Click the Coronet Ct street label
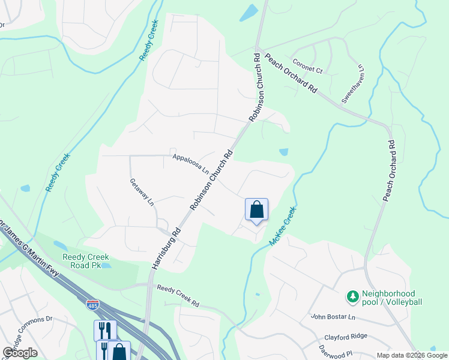pyautogui.click(x=307, y=66)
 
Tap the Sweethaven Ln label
pyautogui.click(x=353, y=84)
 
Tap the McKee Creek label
pyautogui.click(x=283, y=226)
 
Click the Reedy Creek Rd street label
pyautogui.click(x=178, y=296)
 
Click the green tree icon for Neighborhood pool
pyautogui.click(x=352, y=296)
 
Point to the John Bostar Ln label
pyautogui.click(x=333, y=317)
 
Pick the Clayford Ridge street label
pyautogui.click(x=345, y=337)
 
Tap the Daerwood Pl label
pyautogui.click(x=334, y=347)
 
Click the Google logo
pyautogui.click(x=20, y=352)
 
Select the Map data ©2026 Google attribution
pyautogui.click(x=412, y=355)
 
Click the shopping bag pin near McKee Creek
pyautogui.click(x=256, y=210)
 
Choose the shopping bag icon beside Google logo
pyautogui.click(x=119, y=352)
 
